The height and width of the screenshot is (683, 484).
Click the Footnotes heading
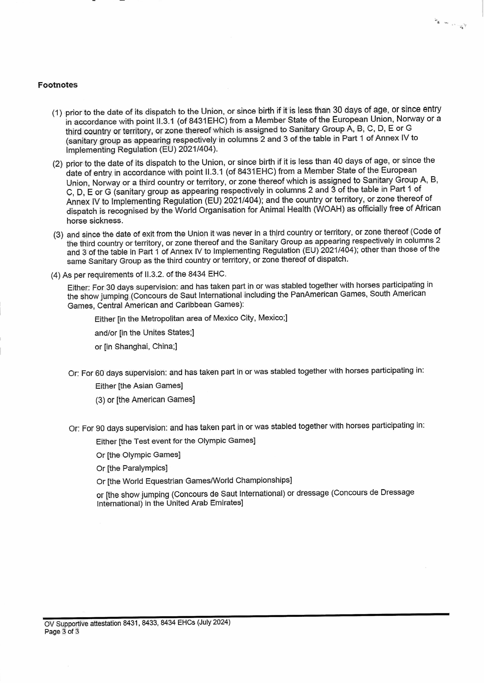pyautogui.click(x=58, y=85)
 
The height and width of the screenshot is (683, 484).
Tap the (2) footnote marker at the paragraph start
pyautogui.click(x=58, y=164)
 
